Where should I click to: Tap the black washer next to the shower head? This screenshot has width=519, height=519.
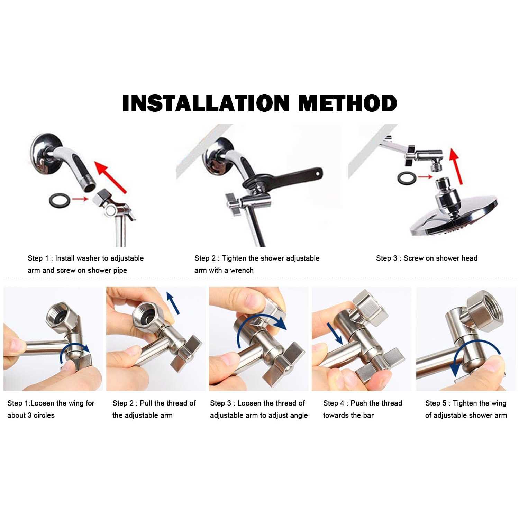[x=407, y=178]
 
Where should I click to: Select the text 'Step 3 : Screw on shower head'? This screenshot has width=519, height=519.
[x=427, y=258]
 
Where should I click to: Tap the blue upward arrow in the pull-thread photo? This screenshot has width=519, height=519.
[x=173, y=303]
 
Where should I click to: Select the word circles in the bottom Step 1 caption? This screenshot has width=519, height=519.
[x=44, y=415]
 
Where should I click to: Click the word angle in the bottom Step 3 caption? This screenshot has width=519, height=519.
[x=298, y=415]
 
